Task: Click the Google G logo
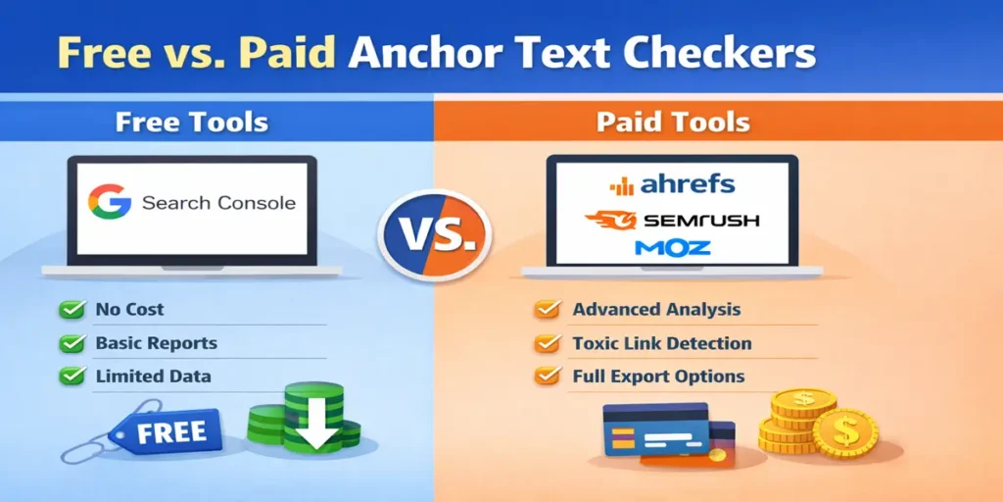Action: [x=109, y=202]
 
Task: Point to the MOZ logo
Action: [x=672, y=248]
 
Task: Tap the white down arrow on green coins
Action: [x=316, y=419]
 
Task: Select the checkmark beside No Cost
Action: [x=72, y=310]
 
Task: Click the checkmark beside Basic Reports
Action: [x=72, y=344]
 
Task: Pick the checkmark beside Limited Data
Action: [x=72, y=376]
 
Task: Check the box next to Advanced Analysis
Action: [x=547, y=310]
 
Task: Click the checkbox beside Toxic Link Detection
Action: [x=547, y=344]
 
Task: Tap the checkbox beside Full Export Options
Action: [x=547, y=376]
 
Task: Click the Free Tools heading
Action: [x=191, y=123]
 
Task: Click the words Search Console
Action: [x=218, y=203]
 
